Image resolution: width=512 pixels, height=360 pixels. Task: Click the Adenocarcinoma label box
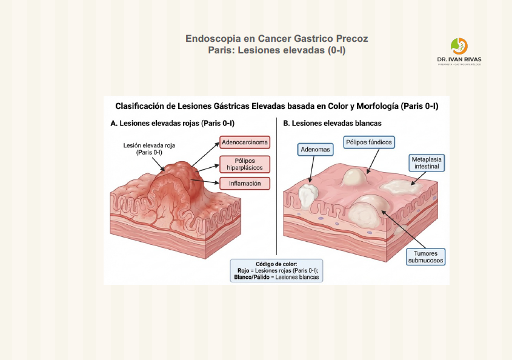tap(245, 144)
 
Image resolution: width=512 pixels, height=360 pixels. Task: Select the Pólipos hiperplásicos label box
tap(244, 164)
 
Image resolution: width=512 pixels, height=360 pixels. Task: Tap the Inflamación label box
tap(245, 183)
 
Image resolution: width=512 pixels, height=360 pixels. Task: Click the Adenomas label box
tap(314, 150)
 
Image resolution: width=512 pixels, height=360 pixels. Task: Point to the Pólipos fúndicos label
tap(369, 142)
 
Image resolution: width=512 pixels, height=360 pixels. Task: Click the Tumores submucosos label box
tap(425, 256)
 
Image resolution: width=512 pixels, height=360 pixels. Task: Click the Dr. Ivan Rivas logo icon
tap(459, 46)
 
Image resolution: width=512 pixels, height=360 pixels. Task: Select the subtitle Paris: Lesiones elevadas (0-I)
tap(276, 50)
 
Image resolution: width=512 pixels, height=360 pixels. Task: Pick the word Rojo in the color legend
tap(244, 271)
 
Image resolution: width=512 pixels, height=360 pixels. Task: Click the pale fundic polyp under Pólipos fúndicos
tap(354, 177)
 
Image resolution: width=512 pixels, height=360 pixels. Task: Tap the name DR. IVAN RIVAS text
tap(459, 59)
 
